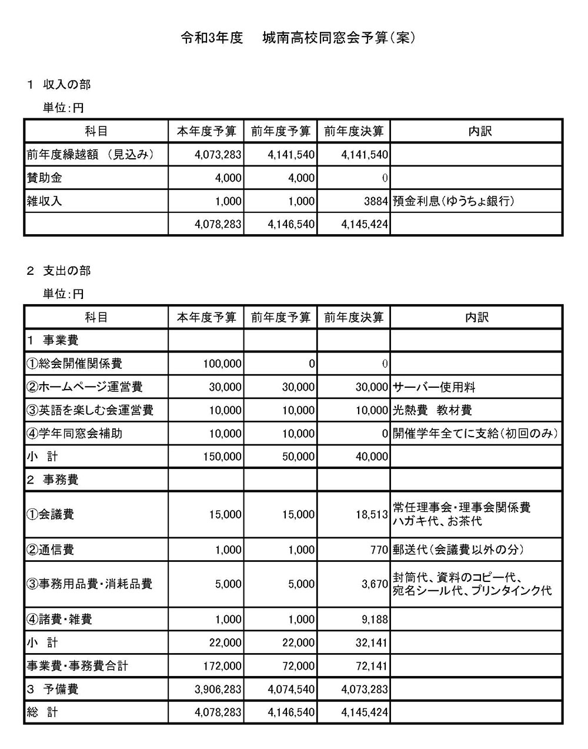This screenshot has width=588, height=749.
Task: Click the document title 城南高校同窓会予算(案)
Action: pyautogui.click(x=339, y=38)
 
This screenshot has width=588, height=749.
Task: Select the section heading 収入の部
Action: pyautogui.click(x=66, y=85)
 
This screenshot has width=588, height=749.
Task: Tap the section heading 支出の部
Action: pyautogui.click(x=66, y=271)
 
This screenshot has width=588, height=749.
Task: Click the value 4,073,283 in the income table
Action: pyautogui.click(x=218, y=155)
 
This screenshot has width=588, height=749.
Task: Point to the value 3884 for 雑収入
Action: pyautogui.click(x=376, y=201)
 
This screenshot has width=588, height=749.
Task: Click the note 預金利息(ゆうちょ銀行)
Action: pyautogui.click(x=453, y=201)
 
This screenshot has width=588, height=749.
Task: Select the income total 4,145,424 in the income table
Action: pyautogui.click(x=365, y=224)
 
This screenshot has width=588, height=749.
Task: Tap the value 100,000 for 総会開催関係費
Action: pyautogui.click(x=222, y=364)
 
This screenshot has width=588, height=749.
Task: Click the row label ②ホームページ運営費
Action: pyautogui.click(x=85, y=387)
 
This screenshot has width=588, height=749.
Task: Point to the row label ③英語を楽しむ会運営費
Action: pyautogui.click(x=90, y=410)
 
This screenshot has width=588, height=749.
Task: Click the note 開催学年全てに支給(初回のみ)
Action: pyautogui.click(x=475, y=434)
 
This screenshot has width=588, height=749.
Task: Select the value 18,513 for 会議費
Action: pyautogui.click(x=372, y=514)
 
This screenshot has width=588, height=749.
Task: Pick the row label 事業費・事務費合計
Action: pyautogui.click(x=77, y=666)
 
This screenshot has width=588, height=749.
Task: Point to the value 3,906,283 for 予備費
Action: pyautogui.click(x=218, y=689)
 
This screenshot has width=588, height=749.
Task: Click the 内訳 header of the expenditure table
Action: pyautogui.click(x=476, y=317)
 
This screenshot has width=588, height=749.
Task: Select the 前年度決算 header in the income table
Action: pyautogui.click(x=353, y=131)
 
